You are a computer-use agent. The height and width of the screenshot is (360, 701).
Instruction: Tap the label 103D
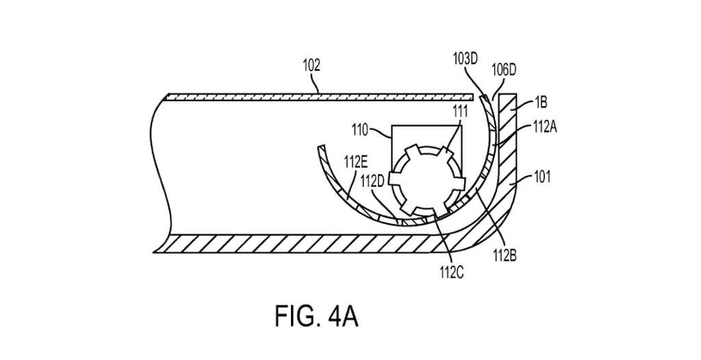(x=466, y=59)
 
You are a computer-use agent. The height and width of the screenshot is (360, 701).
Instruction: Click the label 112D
(x=374, y=181)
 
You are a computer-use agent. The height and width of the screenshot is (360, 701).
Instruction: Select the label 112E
(x=356, y=162)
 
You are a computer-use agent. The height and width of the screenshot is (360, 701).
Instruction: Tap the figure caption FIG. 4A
(x=317, y=317)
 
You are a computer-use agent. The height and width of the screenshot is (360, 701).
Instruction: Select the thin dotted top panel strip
(x=315, y=97)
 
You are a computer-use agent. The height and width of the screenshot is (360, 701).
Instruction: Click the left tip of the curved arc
(x=318, y=147)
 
